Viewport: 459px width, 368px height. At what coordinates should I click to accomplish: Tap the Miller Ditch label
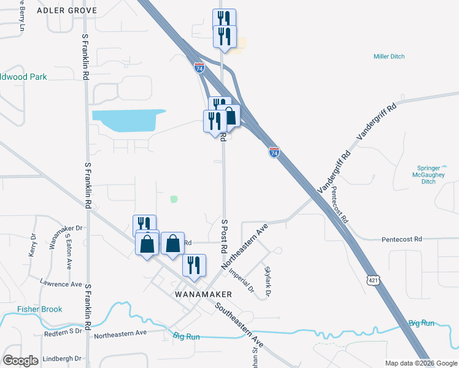pos(389,56)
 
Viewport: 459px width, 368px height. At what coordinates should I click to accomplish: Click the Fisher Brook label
pos(40,309)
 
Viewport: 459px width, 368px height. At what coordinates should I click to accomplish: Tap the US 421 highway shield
pos(373,280)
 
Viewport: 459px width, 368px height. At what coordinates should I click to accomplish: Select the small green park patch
pos(174,199)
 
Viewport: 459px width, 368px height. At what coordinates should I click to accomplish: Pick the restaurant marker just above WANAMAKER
pos(193,265)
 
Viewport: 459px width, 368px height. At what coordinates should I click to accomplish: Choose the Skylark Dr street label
pos(268,282)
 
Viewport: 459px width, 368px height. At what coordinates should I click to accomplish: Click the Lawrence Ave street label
pos(61,284)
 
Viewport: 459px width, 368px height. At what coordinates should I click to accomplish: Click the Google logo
pos(20,361)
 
